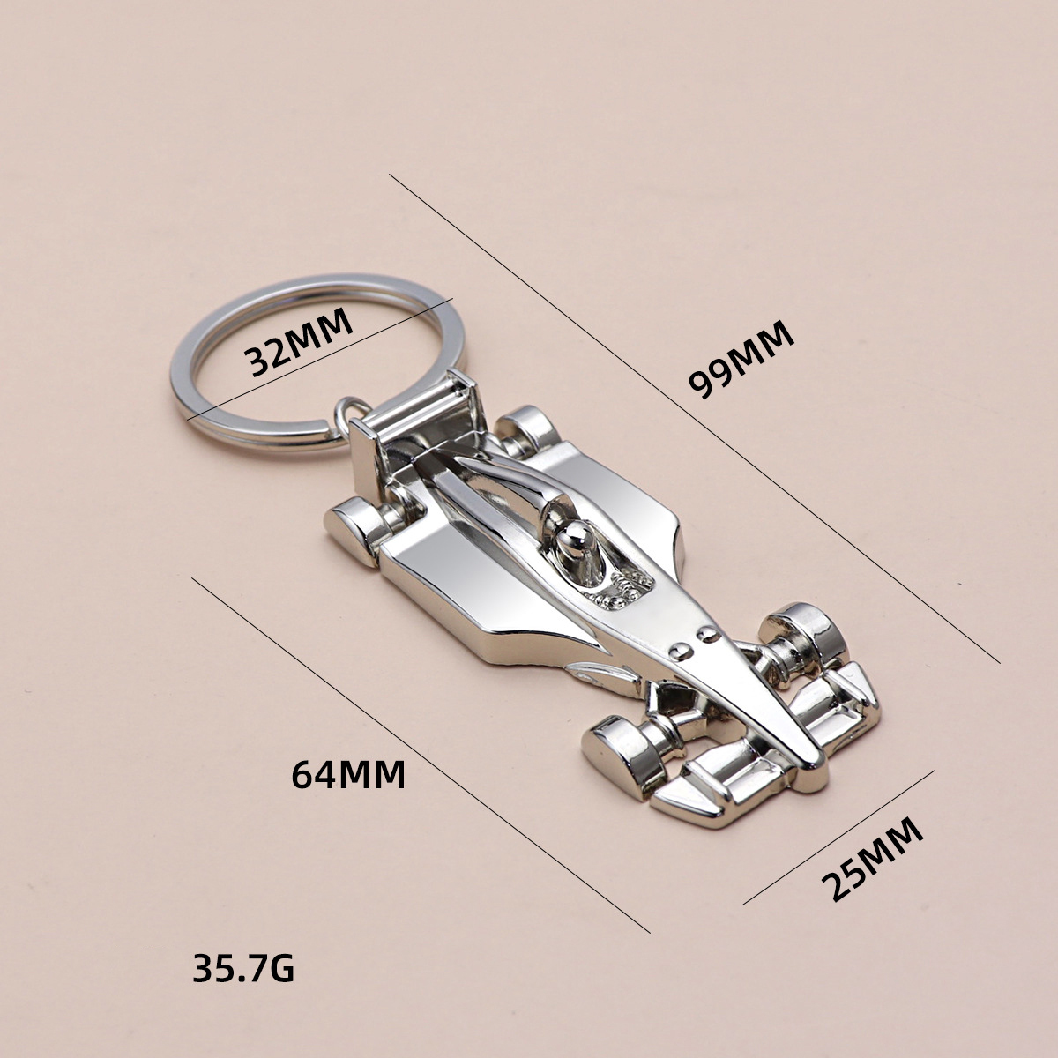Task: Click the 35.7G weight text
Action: click(243, 971)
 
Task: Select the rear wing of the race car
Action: click(414, 414)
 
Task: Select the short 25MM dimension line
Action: click(838, 838)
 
